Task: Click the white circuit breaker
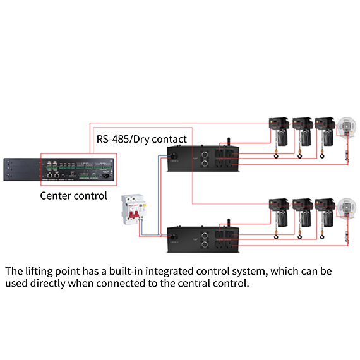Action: [x=134, y=209]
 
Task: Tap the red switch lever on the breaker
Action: [x=134, y=214]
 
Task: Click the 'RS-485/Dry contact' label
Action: [x=141, y=139]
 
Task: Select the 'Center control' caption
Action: [x=73, y=196]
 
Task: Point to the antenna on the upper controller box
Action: [x=229, y=141]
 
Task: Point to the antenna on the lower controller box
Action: [x=229, y=223]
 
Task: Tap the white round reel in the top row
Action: [x=347, y=127]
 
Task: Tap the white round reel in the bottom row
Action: [x=347, y=208]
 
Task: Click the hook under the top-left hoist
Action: [x=276, y=156]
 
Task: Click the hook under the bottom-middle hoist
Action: [x=300, y=237]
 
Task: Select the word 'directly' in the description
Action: [x=48, y=284]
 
